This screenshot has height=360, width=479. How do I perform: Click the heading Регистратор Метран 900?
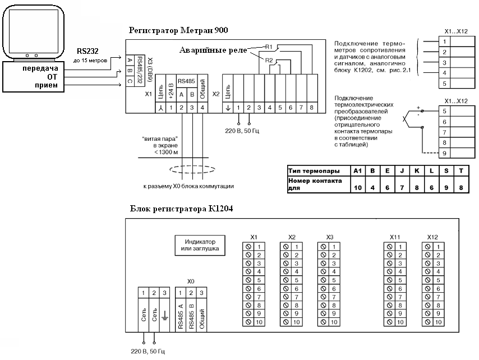tap(178, 30)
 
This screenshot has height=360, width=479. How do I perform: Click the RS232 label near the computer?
tap(87, 51)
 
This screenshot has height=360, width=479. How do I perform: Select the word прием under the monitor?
tap(46, 85)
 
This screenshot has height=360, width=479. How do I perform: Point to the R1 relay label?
tap(269, 47)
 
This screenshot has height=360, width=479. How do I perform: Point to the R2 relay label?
tap(269, 61)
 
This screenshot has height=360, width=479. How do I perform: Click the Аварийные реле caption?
tap(213, 50)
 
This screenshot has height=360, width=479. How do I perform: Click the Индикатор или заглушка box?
tap(200, 245)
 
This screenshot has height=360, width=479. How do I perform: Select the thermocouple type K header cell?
tap(417, 170)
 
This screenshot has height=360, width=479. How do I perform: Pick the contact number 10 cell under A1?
tap(358, 187)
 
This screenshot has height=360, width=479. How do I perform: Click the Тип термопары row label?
tap(314, 170)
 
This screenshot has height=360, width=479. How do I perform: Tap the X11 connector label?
tap(395, 237)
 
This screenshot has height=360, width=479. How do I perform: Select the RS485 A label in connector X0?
tap(180, 316)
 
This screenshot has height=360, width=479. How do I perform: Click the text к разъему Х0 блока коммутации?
tap(188, 186)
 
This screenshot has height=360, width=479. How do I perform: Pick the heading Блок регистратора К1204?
tap(182, 209)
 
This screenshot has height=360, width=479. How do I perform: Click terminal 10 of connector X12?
tap(439, 322)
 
